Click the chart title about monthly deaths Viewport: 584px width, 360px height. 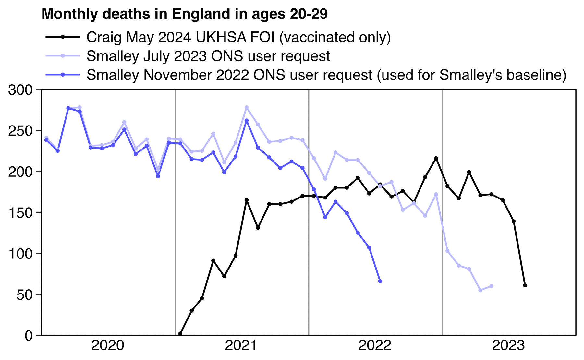click(184, 14)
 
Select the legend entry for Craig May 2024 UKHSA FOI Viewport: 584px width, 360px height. click(238, 37)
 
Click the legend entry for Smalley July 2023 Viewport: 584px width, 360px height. click(208, 56)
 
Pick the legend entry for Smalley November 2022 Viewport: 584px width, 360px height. click(326, 75)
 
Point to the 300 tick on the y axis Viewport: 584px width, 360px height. click(20, 90)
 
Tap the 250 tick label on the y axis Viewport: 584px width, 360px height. click(20, 131)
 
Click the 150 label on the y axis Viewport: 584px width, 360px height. click(20, 213)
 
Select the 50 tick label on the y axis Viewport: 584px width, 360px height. click(24, 294)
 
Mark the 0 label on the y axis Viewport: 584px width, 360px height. click(29, 335)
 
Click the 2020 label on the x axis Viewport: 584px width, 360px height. click(108, 346)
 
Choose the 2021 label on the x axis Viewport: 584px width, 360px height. click(241, 346)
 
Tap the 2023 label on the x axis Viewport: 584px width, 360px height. click(508, 346)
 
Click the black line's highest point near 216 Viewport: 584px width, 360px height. click(436, 158)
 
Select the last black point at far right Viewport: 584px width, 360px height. click(525, 285)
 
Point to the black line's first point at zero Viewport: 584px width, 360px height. click(180, 334)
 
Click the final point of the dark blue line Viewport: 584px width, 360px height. click(380, 281)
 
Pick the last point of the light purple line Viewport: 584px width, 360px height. click(492, 286)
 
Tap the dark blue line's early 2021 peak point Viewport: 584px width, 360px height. click(247, 121)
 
